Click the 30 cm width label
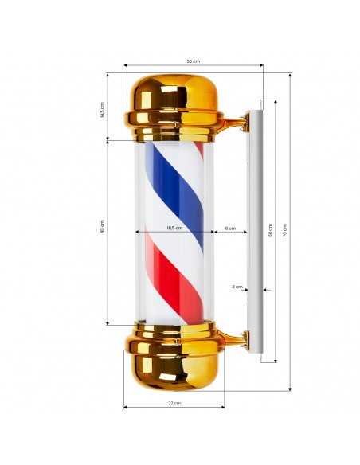(x=192, y=61)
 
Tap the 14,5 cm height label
(x=102, y=108)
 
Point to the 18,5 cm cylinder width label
(x=174, y=228)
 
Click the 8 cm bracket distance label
(x=231, y=228)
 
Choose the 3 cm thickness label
(x=237, y=286)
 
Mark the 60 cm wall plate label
(x=270, y=232)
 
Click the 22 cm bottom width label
(x=174, y=403)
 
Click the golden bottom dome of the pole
(x=174, y=366)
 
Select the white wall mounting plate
(x=255, y=231)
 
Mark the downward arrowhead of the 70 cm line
(x=290, y=388)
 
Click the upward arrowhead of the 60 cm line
(x=276, y=102)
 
